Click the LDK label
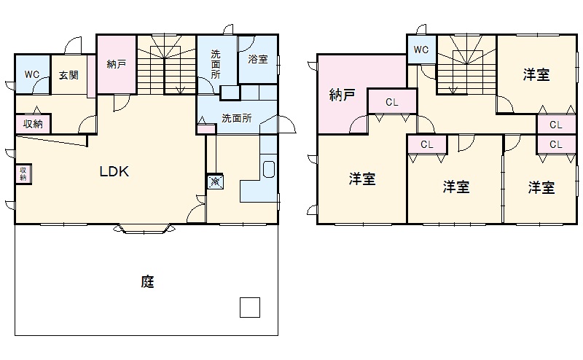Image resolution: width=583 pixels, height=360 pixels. click(x=114, y=173)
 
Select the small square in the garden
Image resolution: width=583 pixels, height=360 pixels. click(x=250, y=307)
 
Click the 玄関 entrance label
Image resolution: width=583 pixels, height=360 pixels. click(x=69, y=75)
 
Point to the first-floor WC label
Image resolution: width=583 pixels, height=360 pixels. click(x=32, y=74)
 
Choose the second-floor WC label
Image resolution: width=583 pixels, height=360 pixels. click(x=421, y=50)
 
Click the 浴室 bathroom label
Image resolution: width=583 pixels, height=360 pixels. click(x=258, y=59)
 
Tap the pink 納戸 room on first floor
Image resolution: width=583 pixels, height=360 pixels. click(x=116, y=64)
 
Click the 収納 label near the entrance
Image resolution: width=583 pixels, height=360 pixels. click(x=33, y=123)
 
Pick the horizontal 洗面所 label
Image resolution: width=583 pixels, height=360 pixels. click(x=237, y=117)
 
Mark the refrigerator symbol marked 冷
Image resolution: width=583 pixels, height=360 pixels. click(x=216, y=181)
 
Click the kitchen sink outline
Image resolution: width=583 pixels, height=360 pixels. click(x=267, y=170)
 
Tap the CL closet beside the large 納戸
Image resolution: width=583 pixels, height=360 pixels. click(x=392, y=102)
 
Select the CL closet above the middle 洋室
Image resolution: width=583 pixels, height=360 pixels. click(x=426, y=144)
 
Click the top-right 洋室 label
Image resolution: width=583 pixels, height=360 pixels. click(x=536, y=74)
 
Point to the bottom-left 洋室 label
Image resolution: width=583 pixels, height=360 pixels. click(x=362, y=179)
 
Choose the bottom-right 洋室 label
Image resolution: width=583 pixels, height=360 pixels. click(x=541, y=188)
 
